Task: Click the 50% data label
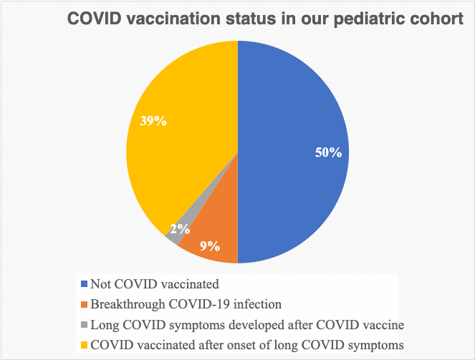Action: click(328, 152)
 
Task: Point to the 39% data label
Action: click(153, 121)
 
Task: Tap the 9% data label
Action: click(210, 246)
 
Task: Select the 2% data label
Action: click(180, 229)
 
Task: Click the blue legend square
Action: click(85, 284)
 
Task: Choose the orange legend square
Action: click(85, 304)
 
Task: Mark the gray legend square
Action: click(85, 325)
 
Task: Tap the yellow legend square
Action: click(85, 345)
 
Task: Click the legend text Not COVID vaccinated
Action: click(155, 284)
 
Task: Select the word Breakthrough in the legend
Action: click(128, 304)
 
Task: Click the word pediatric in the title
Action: click(369, 19)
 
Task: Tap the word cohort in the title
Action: click(437, 19)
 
